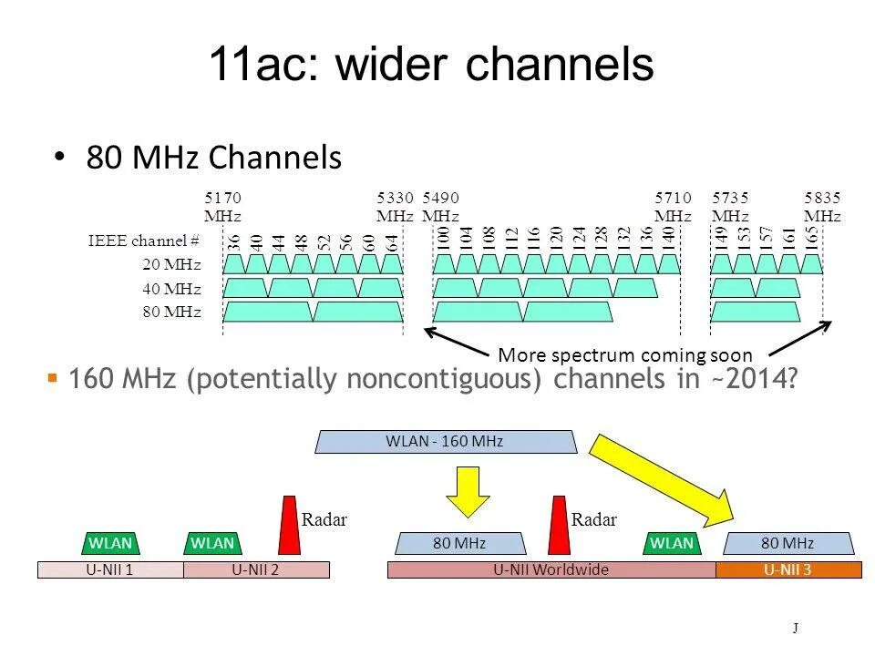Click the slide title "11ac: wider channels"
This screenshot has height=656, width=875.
[x=431, y=65]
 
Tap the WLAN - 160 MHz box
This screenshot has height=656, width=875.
[x=446, y=442]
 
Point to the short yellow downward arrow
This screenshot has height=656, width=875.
[x=467, y=490]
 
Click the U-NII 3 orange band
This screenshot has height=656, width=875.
[x=787, y=570]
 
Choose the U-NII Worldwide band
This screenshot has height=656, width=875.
[x=551, y=570]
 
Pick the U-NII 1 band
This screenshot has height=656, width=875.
[x=110, y=570]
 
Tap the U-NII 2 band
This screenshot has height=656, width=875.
[x=256, y=570]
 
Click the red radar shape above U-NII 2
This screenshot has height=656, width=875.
[x=290, y=525]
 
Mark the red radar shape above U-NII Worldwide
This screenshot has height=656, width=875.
[x=559, y=525]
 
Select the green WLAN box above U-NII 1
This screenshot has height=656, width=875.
[x=111, y=543]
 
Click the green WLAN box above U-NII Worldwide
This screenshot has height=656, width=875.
[x=672, y=543]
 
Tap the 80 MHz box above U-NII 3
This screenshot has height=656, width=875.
[x=787, y=544]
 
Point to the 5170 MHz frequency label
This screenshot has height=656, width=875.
[x=222, y=207]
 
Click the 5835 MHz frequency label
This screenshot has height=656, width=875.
[x=822, y=207]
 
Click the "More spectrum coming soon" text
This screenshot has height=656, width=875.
[x=625, y=355]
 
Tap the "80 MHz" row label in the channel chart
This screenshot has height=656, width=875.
[x=171, y=313]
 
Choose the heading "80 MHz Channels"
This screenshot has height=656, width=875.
[x=214, y=158]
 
